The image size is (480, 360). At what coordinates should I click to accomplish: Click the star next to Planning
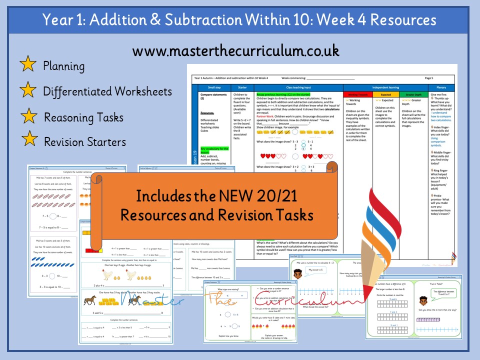[27, 65]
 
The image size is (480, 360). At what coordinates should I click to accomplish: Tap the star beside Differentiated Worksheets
[27, 91]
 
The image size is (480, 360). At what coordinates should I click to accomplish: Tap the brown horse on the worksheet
[90, 300]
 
